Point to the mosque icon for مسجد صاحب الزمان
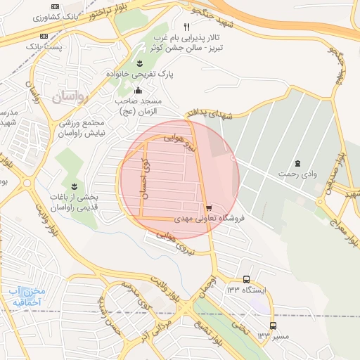click(138, 90)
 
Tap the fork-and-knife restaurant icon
click(186, 27)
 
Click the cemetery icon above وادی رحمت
click(297, 162)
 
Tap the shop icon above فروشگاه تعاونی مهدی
click(210, 207)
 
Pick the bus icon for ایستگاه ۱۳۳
click(245, 279)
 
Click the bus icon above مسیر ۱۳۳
click(273, 325)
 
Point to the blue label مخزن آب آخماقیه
click(28, 296)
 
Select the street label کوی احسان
click(144, 176)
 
